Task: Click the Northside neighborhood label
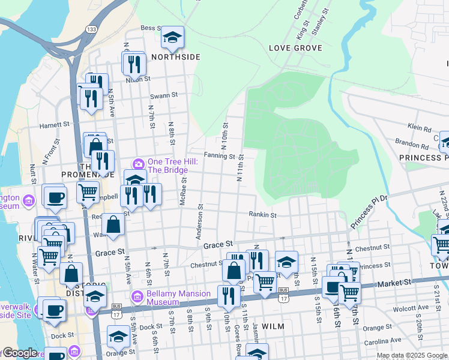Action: (x=175, y=57)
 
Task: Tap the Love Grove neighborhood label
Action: (x=295, y=48)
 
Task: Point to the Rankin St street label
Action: (x=263, y=214)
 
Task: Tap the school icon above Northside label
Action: (x=172, y=38)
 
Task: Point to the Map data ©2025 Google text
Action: (x=412, y=356)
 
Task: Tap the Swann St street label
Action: (x=164, y=95)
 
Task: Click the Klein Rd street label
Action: (x=419, y=128)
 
